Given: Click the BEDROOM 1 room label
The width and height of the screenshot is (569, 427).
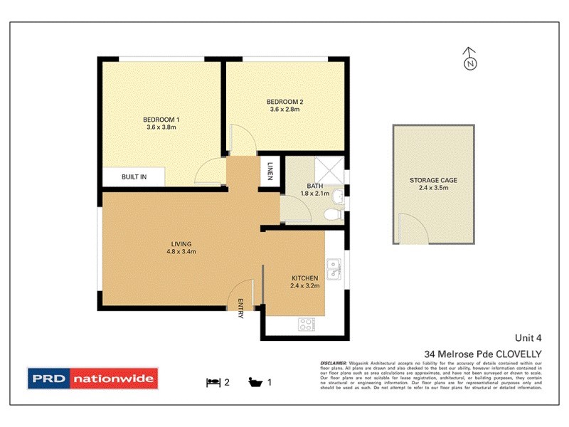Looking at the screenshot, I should [x=160, y=119].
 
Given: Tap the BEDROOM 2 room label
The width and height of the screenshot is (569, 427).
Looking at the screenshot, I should [x=284, y=101].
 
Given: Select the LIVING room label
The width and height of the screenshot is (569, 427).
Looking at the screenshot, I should [x=181, y=244].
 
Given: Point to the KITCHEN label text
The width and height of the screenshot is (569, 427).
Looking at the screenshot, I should [x=305, y=278].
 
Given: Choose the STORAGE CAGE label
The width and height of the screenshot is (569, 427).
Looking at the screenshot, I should [x=433, y=181].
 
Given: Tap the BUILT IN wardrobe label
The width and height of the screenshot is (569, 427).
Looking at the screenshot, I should [x=134, y=176].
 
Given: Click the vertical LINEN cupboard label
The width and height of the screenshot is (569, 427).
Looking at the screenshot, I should [x=270, y=172].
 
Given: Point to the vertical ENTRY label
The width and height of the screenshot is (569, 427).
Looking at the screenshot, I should [x=240, y=308].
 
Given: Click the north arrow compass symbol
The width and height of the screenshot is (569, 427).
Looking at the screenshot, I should [x=469, y=60].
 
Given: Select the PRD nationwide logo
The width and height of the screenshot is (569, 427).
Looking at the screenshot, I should [x=92, y=379].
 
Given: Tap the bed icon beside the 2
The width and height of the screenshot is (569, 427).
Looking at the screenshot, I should [x=212, y=382].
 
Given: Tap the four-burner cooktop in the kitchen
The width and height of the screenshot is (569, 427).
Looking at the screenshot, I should [x=307, y=325].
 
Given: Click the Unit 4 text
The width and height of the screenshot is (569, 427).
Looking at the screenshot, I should [x=528, y=339].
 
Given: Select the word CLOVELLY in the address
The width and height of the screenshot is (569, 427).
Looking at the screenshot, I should [x=519, y=353].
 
